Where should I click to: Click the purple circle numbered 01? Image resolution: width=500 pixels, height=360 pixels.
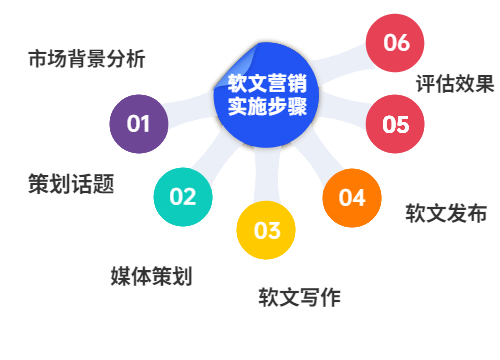click(138, 124)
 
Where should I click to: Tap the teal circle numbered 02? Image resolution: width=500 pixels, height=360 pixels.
click(183, 196)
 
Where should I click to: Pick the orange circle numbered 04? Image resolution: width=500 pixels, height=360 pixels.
click(351, 197)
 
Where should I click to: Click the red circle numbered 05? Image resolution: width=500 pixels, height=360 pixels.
click(395, 124)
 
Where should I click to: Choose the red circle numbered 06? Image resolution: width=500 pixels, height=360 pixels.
click(395, 43)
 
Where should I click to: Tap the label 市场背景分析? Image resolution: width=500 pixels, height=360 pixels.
click(86, 59)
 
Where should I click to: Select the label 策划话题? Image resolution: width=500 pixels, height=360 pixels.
click(70, 184)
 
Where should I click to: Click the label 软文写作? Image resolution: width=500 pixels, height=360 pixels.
click(299, 297)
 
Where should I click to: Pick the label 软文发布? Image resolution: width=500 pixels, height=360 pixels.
click(446, 213)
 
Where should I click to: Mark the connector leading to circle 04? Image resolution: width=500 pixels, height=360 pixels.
click(318, 160)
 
